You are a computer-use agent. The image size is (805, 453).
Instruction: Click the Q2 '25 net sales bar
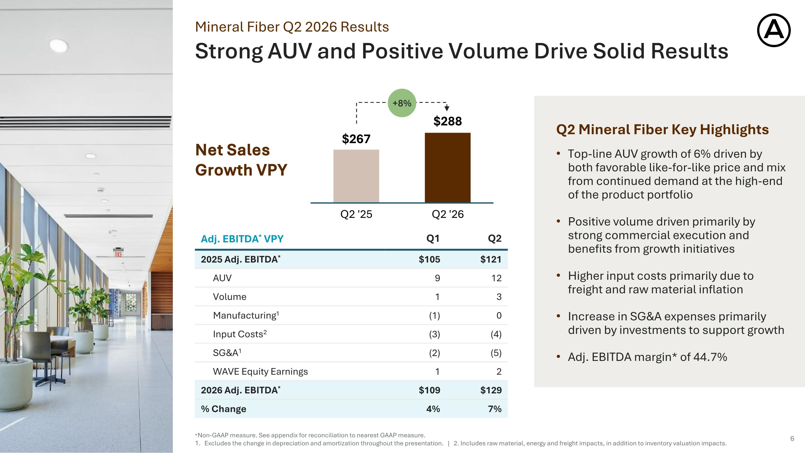point(356,176)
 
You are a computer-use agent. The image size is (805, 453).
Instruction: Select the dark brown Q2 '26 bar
point(448,168)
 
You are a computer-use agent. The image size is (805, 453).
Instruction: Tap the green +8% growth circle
point(402,103)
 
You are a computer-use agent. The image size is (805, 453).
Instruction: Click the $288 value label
point(448,121)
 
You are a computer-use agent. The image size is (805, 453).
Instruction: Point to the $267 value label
point(356,139)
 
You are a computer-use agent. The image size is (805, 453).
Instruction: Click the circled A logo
point(774,30)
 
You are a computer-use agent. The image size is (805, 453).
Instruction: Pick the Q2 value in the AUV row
point(496,278)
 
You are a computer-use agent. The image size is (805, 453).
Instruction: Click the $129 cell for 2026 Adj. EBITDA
point(491,390)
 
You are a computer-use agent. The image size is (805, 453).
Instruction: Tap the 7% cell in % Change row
point(495,409)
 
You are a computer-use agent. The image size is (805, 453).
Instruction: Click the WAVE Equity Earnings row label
point(260,371)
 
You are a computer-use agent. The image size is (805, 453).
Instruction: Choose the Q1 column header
point(433,238)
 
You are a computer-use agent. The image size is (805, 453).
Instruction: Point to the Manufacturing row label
point(246,315)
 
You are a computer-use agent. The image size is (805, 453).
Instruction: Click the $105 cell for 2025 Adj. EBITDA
point(429,259)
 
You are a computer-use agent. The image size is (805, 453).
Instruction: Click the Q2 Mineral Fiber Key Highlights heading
point(663,129)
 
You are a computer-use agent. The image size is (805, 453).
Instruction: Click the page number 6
point(792,438)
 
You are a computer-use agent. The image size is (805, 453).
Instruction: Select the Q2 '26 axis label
point(448,214)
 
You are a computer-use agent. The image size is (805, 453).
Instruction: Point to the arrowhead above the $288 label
point(447,108)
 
